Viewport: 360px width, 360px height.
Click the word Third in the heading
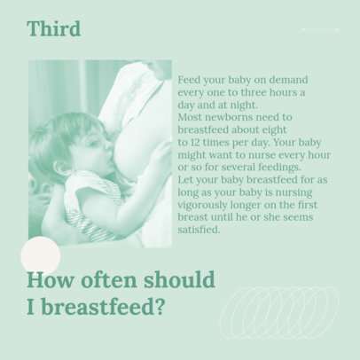[x=53, y=29]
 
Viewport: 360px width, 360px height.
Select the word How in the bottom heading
[x=46, y=281]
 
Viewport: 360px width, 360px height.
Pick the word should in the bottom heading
[x=176, y=281]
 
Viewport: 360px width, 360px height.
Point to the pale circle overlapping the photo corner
[x=40, y=257]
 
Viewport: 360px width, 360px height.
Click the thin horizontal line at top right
[x=320, y=29]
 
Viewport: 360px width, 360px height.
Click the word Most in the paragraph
[x=191, y=116]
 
